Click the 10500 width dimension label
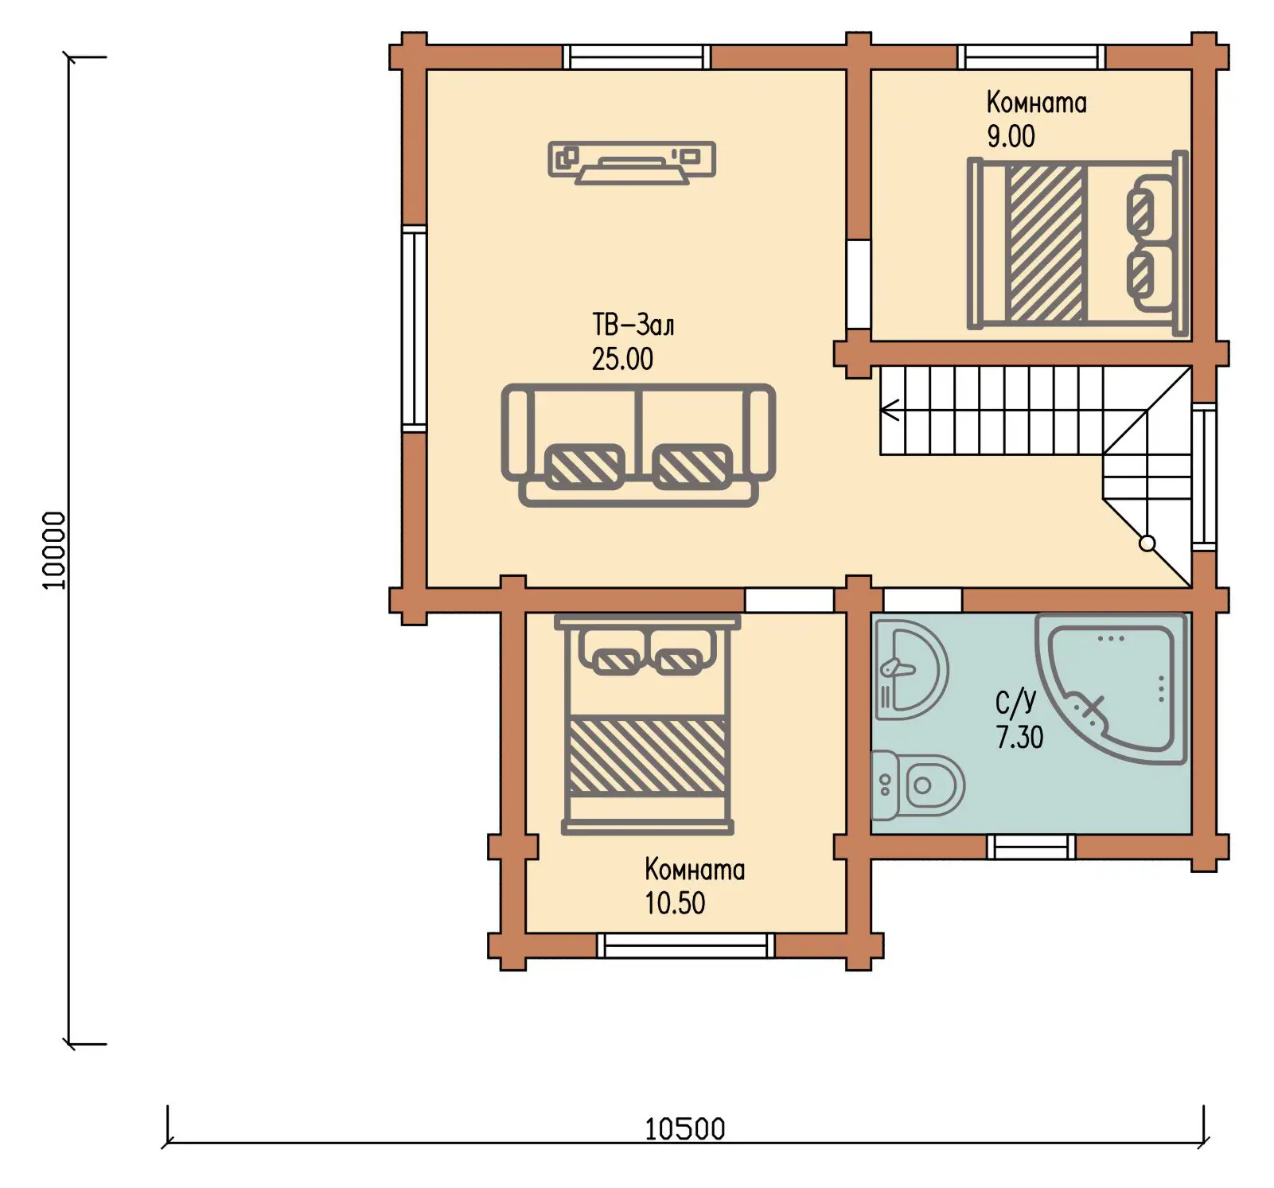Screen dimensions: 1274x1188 coord(684,1128)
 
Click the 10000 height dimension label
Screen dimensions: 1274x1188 coord(53,550)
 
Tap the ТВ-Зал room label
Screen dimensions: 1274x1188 coord(633,325)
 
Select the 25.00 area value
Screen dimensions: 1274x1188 coord(622,359)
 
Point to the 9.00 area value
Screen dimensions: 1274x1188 coord(1011,136)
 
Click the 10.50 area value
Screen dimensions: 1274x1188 coord(675,903)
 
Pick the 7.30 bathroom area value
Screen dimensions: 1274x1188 coord(1019,737)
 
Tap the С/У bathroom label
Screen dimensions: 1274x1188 coord(1016,702)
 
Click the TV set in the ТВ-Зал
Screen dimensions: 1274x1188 coord(632,162)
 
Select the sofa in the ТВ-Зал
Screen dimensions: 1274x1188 coord(638,445)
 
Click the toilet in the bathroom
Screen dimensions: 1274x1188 coord(918,785)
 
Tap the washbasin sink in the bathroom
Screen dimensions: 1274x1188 coord(911,669)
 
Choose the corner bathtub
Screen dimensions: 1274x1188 coord(1112,689)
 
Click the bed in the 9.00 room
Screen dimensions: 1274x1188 coord(1077,242)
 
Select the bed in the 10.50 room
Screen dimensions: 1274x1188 coord(648,725)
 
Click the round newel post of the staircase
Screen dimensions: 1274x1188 coord(1147,543)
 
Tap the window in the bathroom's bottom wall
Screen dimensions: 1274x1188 coord(1030,847)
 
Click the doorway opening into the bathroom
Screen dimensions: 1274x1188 coord(922,600)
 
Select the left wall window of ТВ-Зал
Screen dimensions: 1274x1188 coord(414,329)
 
